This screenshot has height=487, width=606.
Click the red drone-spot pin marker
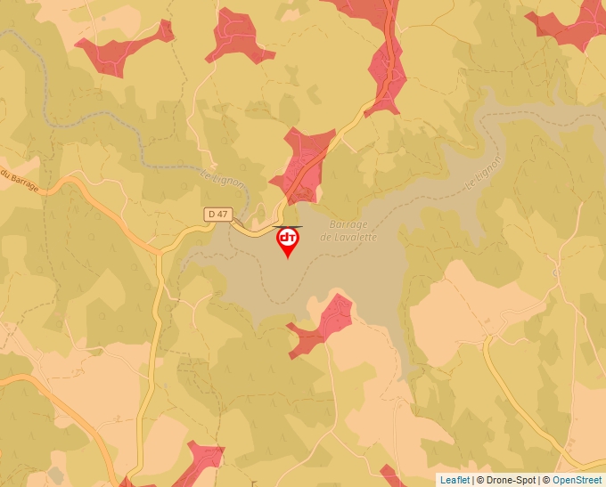pos(288,240)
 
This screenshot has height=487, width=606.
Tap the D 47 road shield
pos(217,214)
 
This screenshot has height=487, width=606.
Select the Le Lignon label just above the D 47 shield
pos(217,178)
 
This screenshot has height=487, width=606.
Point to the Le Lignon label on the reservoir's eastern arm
pos(483,170)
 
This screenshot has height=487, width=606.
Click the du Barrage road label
pos(19,177)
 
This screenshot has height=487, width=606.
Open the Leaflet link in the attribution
pos(454,480)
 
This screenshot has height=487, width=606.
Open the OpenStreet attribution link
pos(577,480)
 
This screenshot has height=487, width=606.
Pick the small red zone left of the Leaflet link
pos(392,474)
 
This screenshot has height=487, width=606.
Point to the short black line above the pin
pos(287,226)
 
